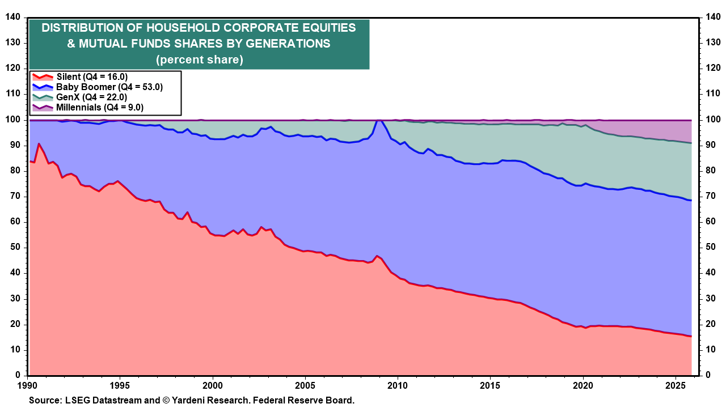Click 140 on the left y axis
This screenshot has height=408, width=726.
(12, 18)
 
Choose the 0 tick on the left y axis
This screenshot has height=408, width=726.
(17, 375)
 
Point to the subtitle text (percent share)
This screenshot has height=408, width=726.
(199, 59)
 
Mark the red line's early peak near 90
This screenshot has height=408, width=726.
(39, 144)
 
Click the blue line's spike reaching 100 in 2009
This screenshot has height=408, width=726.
(379, 120)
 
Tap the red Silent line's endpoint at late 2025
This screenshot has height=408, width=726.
(690, 336)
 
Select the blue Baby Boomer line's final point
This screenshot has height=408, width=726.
(690, 200)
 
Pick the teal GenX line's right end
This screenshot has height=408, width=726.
(690, 143)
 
